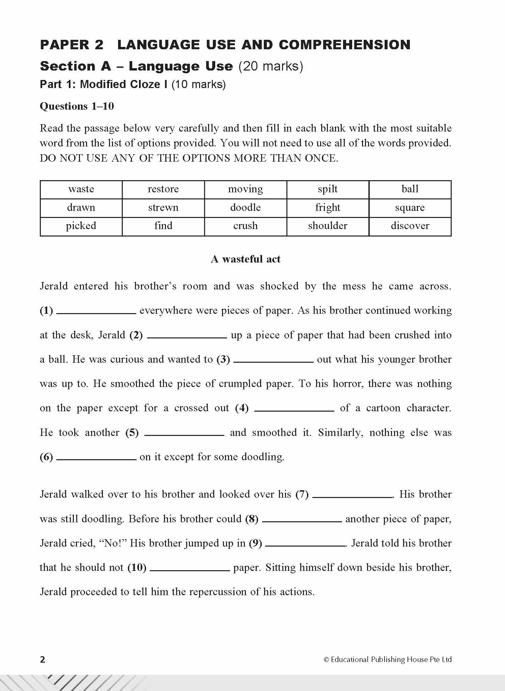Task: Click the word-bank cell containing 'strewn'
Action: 163,208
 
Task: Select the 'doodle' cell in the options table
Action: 245,208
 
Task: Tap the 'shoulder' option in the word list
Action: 328,226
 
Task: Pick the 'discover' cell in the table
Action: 410,226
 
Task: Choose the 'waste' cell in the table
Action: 81,189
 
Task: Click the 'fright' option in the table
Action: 328,208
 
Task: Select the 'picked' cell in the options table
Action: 81,226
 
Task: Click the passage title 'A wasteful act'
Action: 246,259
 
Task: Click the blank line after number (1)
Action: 96,313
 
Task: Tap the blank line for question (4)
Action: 294,410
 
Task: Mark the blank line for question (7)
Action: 352,497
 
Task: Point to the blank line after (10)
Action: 190,570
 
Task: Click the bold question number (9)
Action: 255,543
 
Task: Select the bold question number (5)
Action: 132,433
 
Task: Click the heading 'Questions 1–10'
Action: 77,106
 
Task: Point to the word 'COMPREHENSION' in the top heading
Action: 344,45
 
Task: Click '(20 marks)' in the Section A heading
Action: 271,66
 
